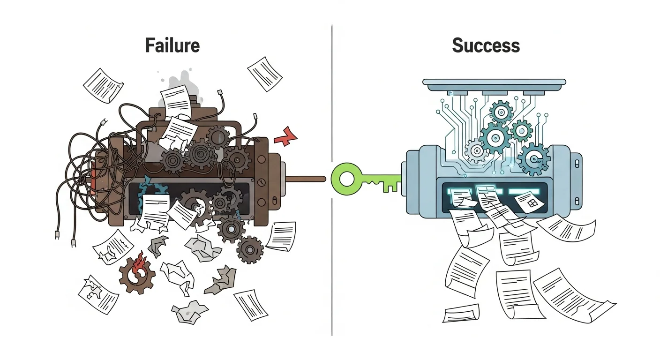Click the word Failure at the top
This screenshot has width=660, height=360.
click(172, 46)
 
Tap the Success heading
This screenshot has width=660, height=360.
click(486, 46)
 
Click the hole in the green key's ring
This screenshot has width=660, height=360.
click(347, 179)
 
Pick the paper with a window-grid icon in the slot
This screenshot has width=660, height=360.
click(530, 202)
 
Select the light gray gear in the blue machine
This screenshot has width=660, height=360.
click(477, 150)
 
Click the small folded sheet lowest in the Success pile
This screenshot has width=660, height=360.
click(461, 313)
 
